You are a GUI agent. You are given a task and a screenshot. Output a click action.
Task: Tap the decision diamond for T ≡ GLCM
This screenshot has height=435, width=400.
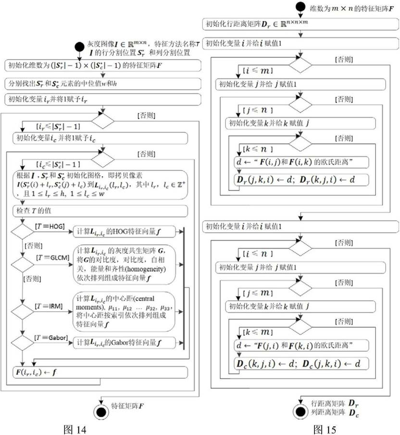click(22, 264)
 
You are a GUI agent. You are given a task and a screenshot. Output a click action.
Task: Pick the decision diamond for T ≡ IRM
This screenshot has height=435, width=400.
click(22, 312)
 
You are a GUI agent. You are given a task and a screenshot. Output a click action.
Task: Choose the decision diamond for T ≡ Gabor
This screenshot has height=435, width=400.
click(22, 343)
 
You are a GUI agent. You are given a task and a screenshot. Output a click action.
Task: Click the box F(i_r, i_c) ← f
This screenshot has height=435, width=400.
click(100, 372)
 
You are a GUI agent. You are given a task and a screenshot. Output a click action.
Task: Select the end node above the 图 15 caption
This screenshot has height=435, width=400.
click(300, 411)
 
